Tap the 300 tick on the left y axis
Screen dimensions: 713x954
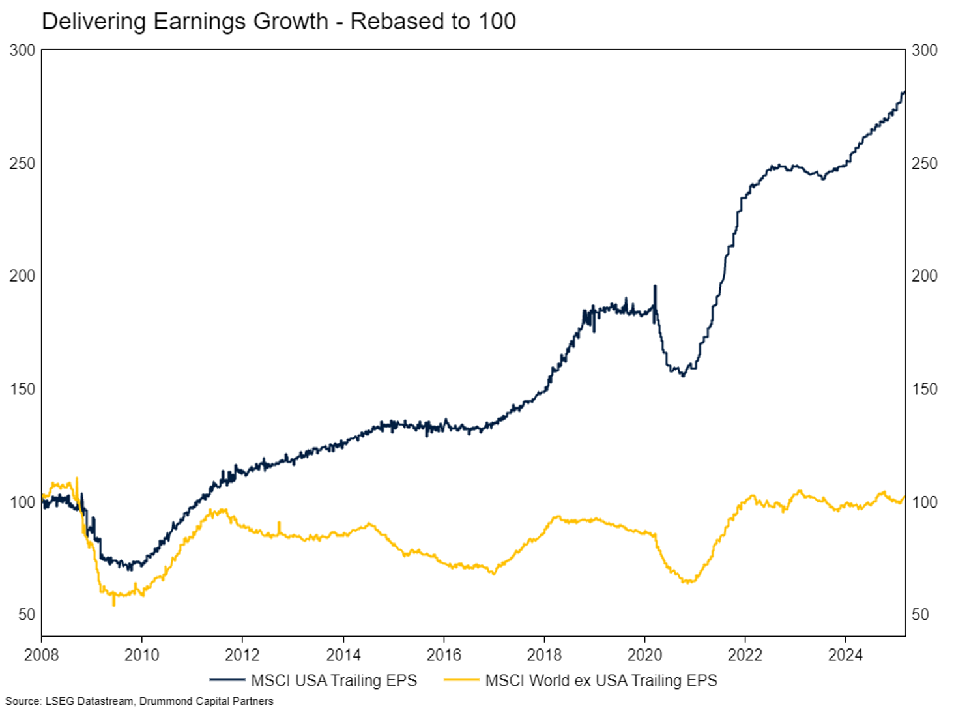[x=22, y=50]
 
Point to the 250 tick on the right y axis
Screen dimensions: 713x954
[x=924, y=163]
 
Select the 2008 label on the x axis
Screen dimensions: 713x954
[x=41, y=654]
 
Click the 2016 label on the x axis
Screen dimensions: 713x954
[x=444, y=654]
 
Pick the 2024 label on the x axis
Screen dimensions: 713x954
[x=845, y=654]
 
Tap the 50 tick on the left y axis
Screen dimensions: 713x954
[x=27, y=615]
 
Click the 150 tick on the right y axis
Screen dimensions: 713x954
[x=924, y=389]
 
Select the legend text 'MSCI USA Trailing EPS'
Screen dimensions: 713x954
[x=334, y=680]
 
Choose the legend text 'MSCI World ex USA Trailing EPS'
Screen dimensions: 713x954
[x=601, y=680]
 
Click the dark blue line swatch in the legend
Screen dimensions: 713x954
[x=227, y=680]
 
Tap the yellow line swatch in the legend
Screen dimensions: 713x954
[x=461, y=680]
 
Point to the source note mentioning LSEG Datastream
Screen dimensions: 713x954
[x=139, y=701]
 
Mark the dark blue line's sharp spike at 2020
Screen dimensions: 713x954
[x=655, y=286]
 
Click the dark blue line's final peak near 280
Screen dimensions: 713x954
[x=904, y=92]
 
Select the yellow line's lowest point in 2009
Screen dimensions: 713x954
[x=113, y=605]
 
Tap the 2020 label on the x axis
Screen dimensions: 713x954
[x=644, y=654]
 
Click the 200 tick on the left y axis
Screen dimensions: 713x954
[x=22, y=276]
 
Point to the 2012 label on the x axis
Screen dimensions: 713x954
[x=242, y=654]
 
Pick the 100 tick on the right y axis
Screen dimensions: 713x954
[x=924, y=502]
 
